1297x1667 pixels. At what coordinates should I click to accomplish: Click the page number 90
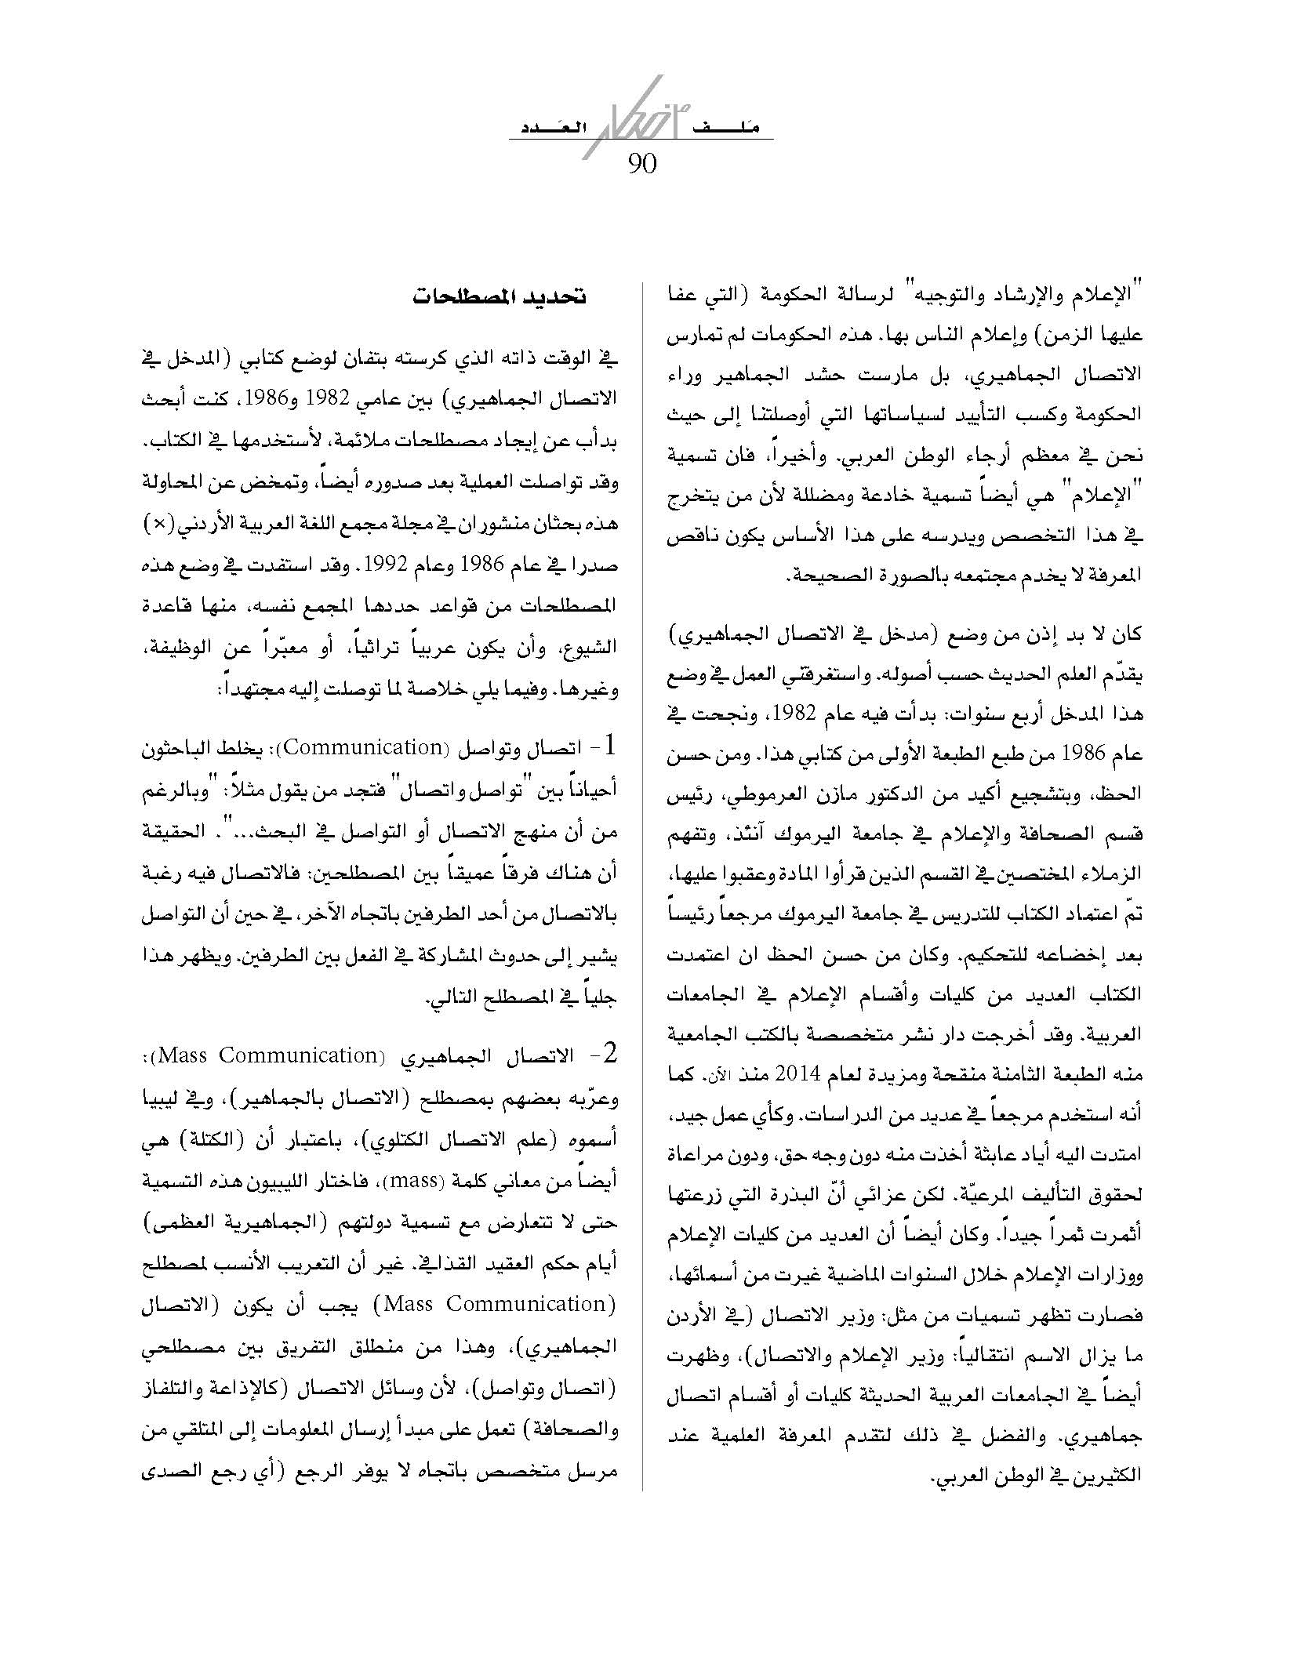pyautogui.click(x=641, y=165)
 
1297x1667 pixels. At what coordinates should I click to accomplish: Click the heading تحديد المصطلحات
pyautogui.click(x=499, y=298)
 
